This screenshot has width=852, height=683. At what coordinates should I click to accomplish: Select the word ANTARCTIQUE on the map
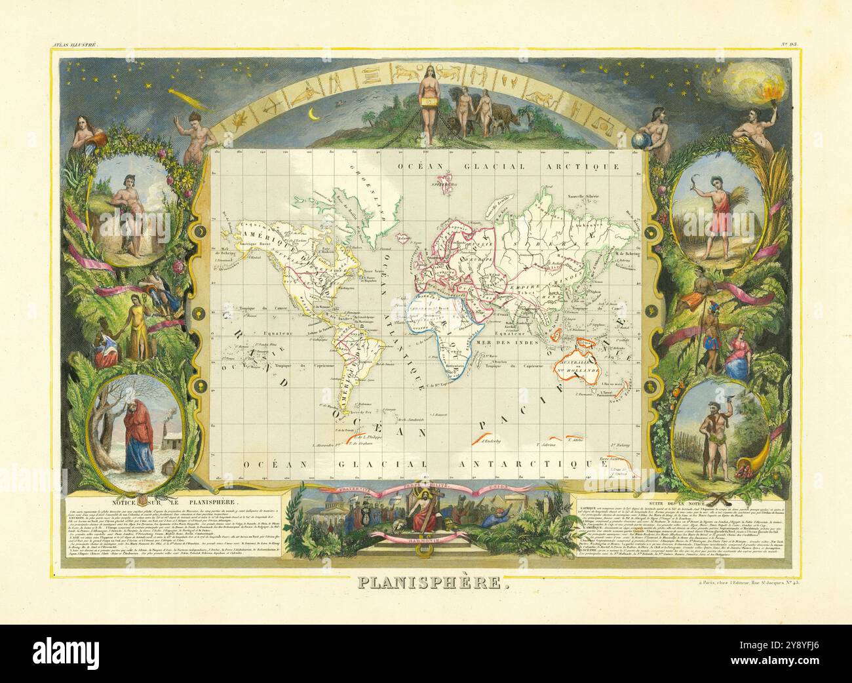554,465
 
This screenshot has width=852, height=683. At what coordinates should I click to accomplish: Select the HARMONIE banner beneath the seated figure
426,540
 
